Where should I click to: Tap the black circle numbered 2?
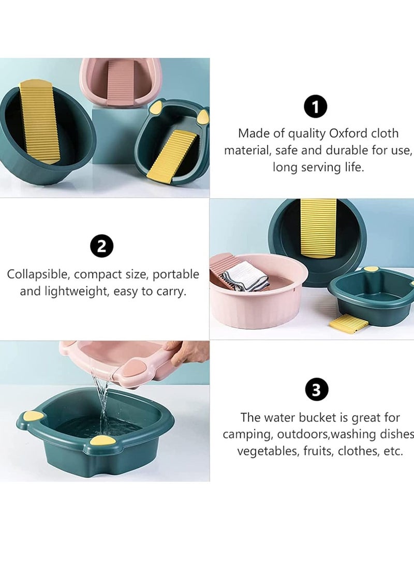pos(101,246)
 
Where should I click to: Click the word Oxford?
pos(349,133)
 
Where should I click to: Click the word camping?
pos(247,434)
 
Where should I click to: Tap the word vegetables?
pos(266,451)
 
